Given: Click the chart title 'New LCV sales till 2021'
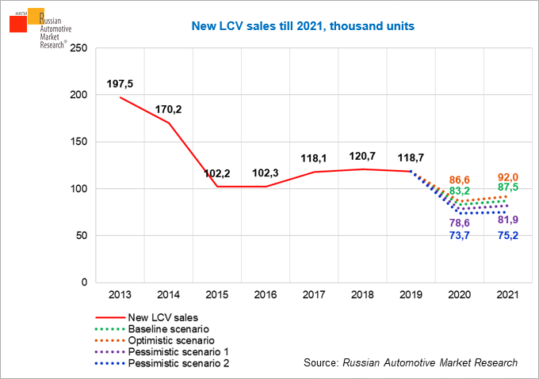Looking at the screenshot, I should point(304,26).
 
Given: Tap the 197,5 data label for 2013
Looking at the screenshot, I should point(121,84).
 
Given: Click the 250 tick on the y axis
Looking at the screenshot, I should point(78,48).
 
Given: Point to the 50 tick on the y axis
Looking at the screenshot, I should point(81,236).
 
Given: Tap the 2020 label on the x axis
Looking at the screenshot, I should point(460,294).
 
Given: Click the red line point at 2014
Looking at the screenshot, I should point(167,123).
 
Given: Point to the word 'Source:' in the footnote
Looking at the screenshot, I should point(321,362).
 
